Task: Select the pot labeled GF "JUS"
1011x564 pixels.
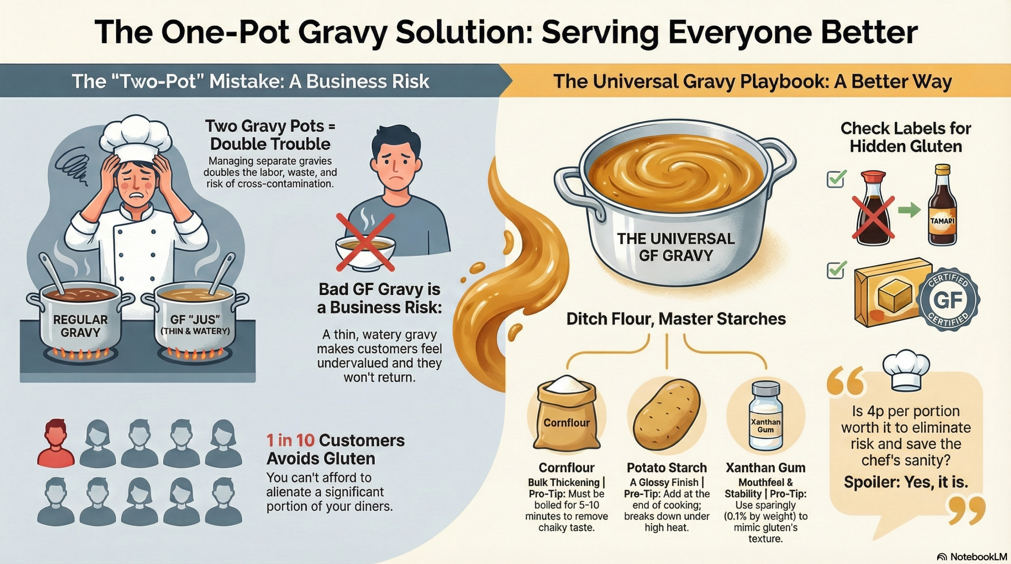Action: (x=195, y=320)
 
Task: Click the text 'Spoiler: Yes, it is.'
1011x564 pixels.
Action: (x=906, y=482)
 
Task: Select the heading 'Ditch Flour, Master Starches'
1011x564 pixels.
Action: (x=676, y=319)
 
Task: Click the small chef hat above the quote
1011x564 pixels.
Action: (x=906, y=369)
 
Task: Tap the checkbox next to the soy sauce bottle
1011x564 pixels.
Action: (x=836, y=179)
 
